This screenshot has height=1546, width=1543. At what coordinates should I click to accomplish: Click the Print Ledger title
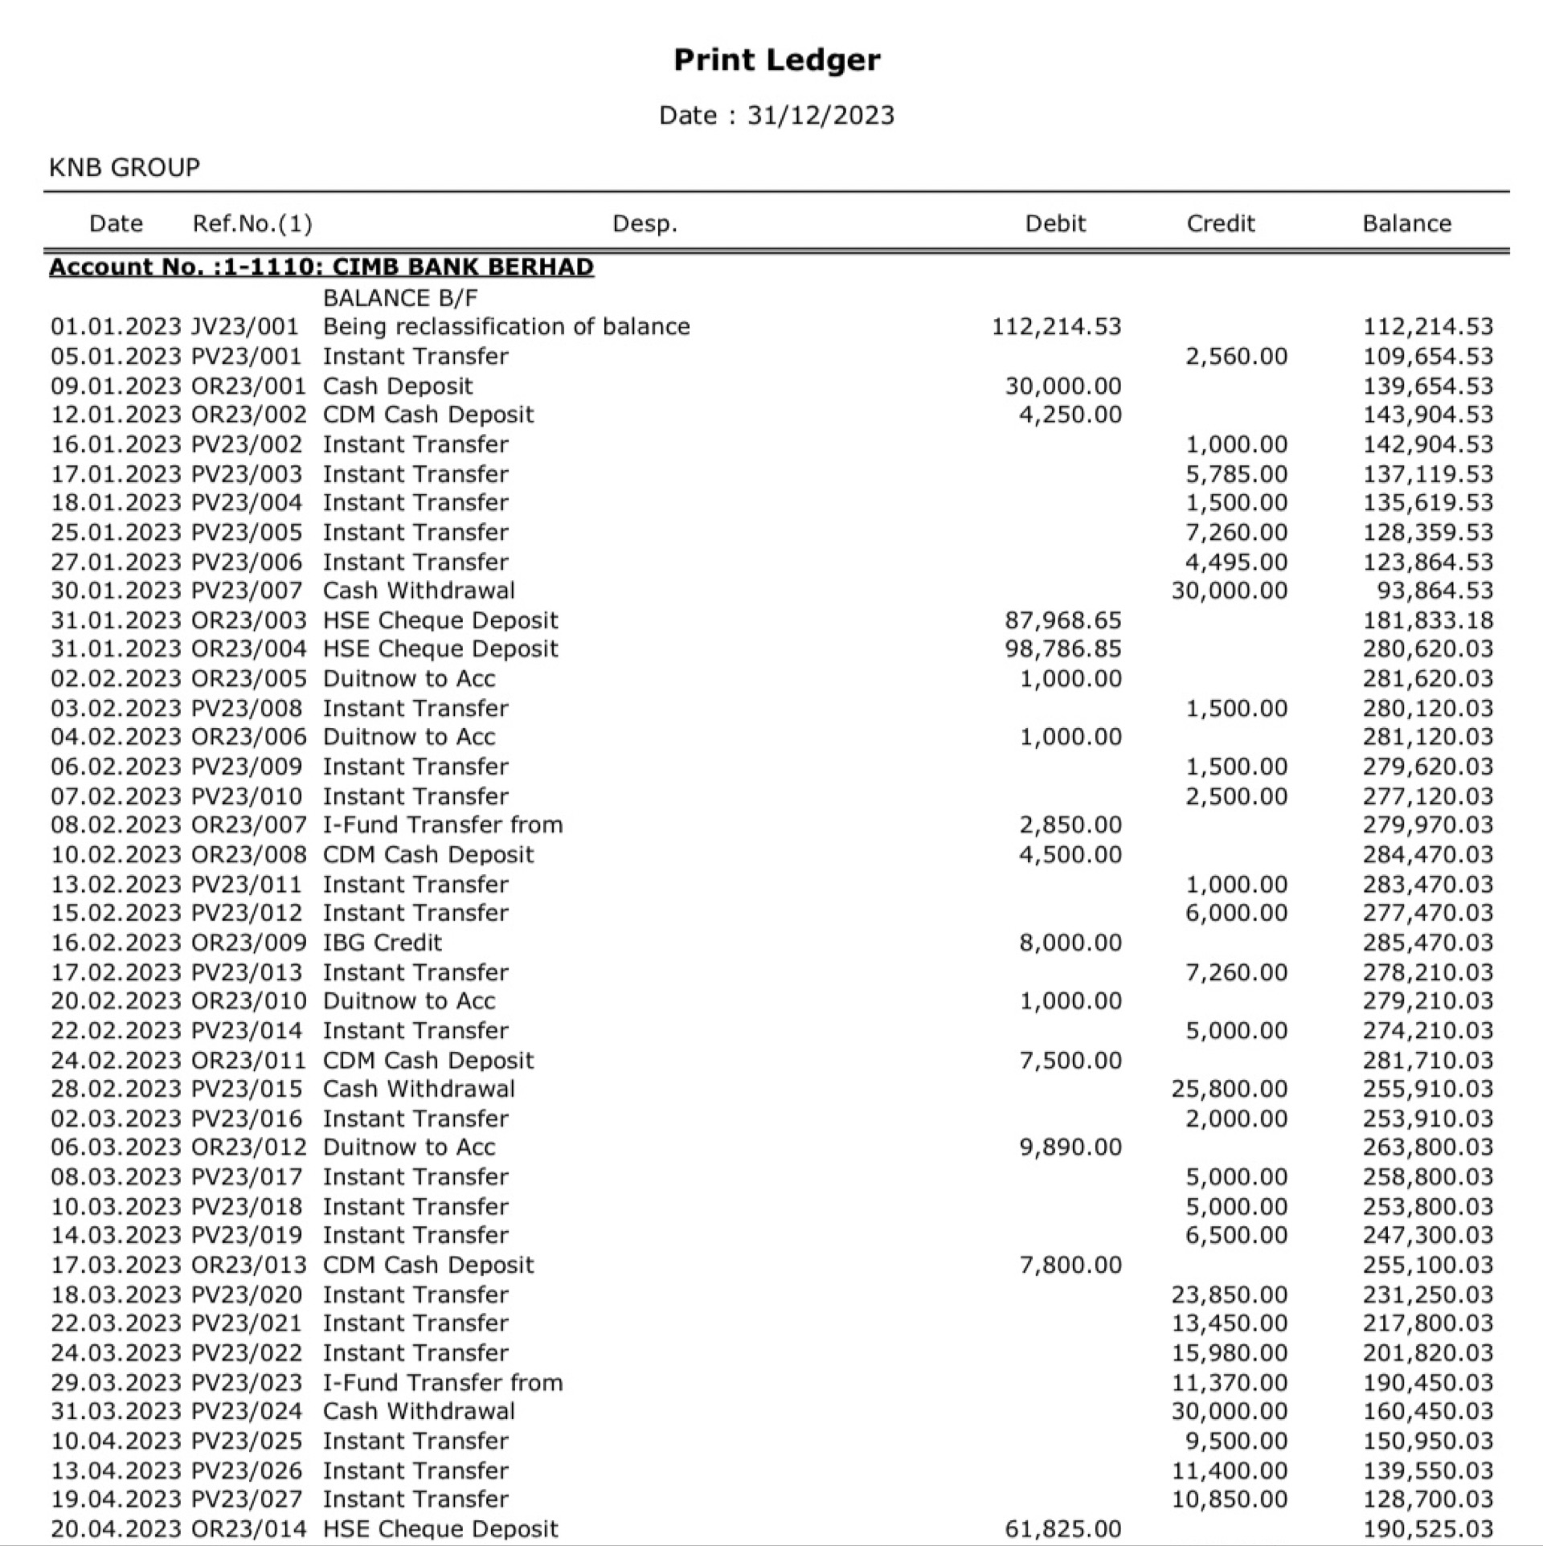click(776, 59)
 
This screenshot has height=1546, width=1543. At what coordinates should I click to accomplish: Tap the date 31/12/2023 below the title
click(820, 116)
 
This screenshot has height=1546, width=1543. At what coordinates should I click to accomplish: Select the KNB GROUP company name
click(125, 167)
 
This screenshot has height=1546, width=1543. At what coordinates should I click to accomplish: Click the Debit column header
click(1054, 223)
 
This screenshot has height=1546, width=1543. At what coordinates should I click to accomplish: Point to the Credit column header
click(1220, 223)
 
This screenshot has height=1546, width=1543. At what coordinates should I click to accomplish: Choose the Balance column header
click(1406, 223)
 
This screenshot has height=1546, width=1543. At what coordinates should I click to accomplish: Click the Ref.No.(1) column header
click(252, 223)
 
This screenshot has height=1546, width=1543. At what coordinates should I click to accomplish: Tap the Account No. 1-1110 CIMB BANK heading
click(321, 267)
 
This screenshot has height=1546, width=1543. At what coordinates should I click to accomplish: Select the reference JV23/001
click(245, 327)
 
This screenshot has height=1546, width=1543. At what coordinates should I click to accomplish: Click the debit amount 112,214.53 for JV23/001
click(1056, 327)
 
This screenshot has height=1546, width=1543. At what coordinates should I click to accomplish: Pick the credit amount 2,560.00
click(1236, 357)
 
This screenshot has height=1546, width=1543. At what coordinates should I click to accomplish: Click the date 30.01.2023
click(116, 591)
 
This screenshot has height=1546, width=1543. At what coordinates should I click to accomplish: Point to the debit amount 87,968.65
click(1062, 620)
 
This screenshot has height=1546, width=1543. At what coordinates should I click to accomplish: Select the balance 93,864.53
click(1435, 591)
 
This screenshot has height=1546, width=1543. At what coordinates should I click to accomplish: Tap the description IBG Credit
click(383, 943)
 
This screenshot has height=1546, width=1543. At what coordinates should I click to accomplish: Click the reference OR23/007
click(249, 825)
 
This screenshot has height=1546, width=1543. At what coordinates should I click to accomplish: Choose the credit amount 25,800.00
click(1229, 1089)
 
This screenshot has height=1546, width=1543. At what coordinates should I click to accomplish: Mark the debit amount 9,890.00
click(1070, 1147)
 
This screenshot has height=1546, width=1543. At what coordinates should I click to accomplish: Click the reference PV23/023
click(247, 1382)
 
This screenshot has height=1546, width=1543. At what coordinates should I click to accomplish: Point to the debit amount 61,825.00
click(1062, 1528)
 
